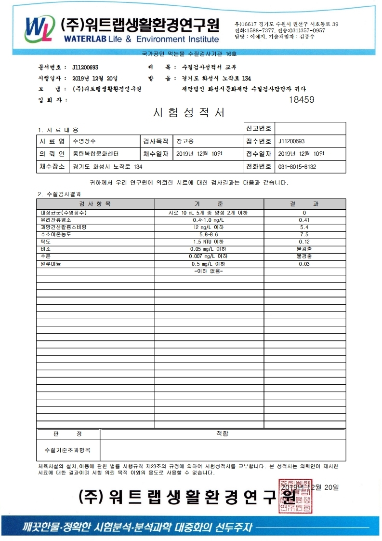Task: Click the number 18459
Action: [x=301, y=100]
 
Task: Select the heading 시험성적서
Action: [x=189, y=113]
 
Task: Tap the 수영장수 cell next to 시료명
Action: [x=84, y=141]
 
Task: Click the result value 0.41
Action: [x=304, y=220]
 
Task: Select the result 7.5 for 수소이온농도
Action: [x=304, y=234]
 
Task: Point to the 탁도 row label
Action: [x=46, y=242]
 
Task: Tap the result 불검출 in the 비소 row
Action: [x=304, y=249]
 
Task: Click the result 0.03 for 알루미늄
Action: [x=304, y=264]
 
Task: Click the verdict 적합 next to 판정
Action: [x=222, y=433]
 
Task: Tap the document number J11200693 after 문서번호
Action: [x=85, y=68]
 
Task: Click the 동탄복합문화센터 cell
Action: [x=95, y=154]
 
